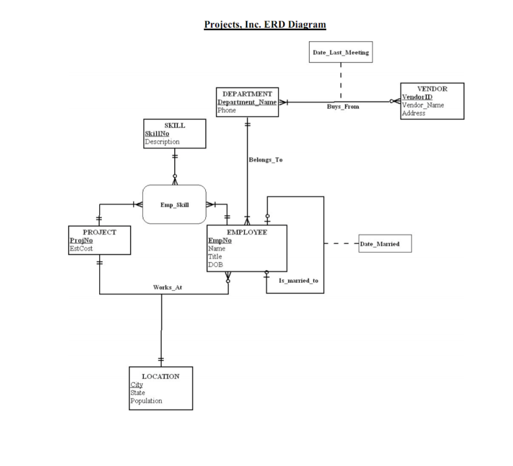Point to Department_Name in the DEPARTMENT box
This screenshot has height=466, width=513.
tap(246, 102)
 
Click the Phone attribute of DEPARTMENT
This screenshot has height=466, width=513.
tap(226, 110)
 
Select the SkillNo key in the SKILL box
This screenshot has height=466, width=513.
tap(157, 134)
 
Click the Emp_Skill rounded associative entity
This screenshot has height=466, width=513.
tap(174, 204)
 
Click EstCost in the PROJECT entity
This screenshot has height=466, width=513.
tap(81, 248)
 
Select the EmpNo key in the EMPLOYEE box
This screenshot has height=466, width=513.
tap(220, 241)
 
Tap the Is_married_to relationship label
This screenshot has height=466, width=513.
tap(299, 281)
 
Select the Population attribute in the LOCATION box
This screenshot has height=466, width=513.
tap(146, 401)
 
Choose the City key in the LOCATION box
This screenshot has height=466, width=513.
tap(137, 385)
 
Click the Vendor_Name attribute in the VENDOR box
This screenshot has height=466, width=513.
tap(423, 105)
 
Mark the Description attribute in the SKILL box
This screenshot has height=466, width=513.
tap(162, 142)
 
